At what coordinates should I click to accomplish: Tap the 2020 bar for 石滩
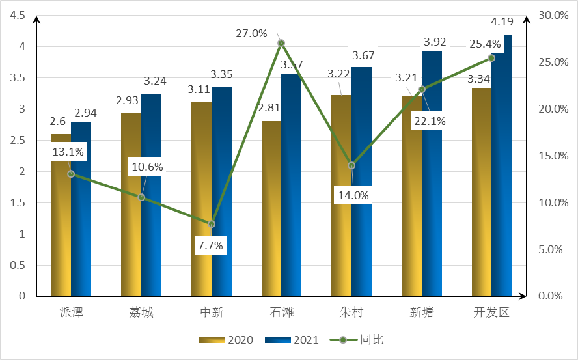[x=271, y=208]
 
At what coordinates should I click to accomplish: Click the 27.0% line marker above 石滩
[x=281, y=43]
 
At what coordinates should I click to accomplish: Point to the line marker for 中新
[x=212, y=224]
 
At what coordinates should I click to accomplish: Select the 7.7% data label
[x=210, y=245]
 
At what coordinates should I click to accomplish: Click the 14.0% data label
[x=352, y=195]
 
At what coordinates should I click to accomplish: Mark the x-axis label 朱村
[x=351, y=312]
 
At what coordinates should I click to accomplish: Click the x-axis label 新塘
[x=422, y=312]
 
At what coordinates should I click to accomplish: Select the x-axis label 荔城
[x=141, y=312]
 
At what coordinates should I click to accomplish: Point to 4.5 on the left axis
[x=18, y=15]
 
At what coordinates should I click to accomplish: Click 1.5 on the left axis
[x=18, y=202]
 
